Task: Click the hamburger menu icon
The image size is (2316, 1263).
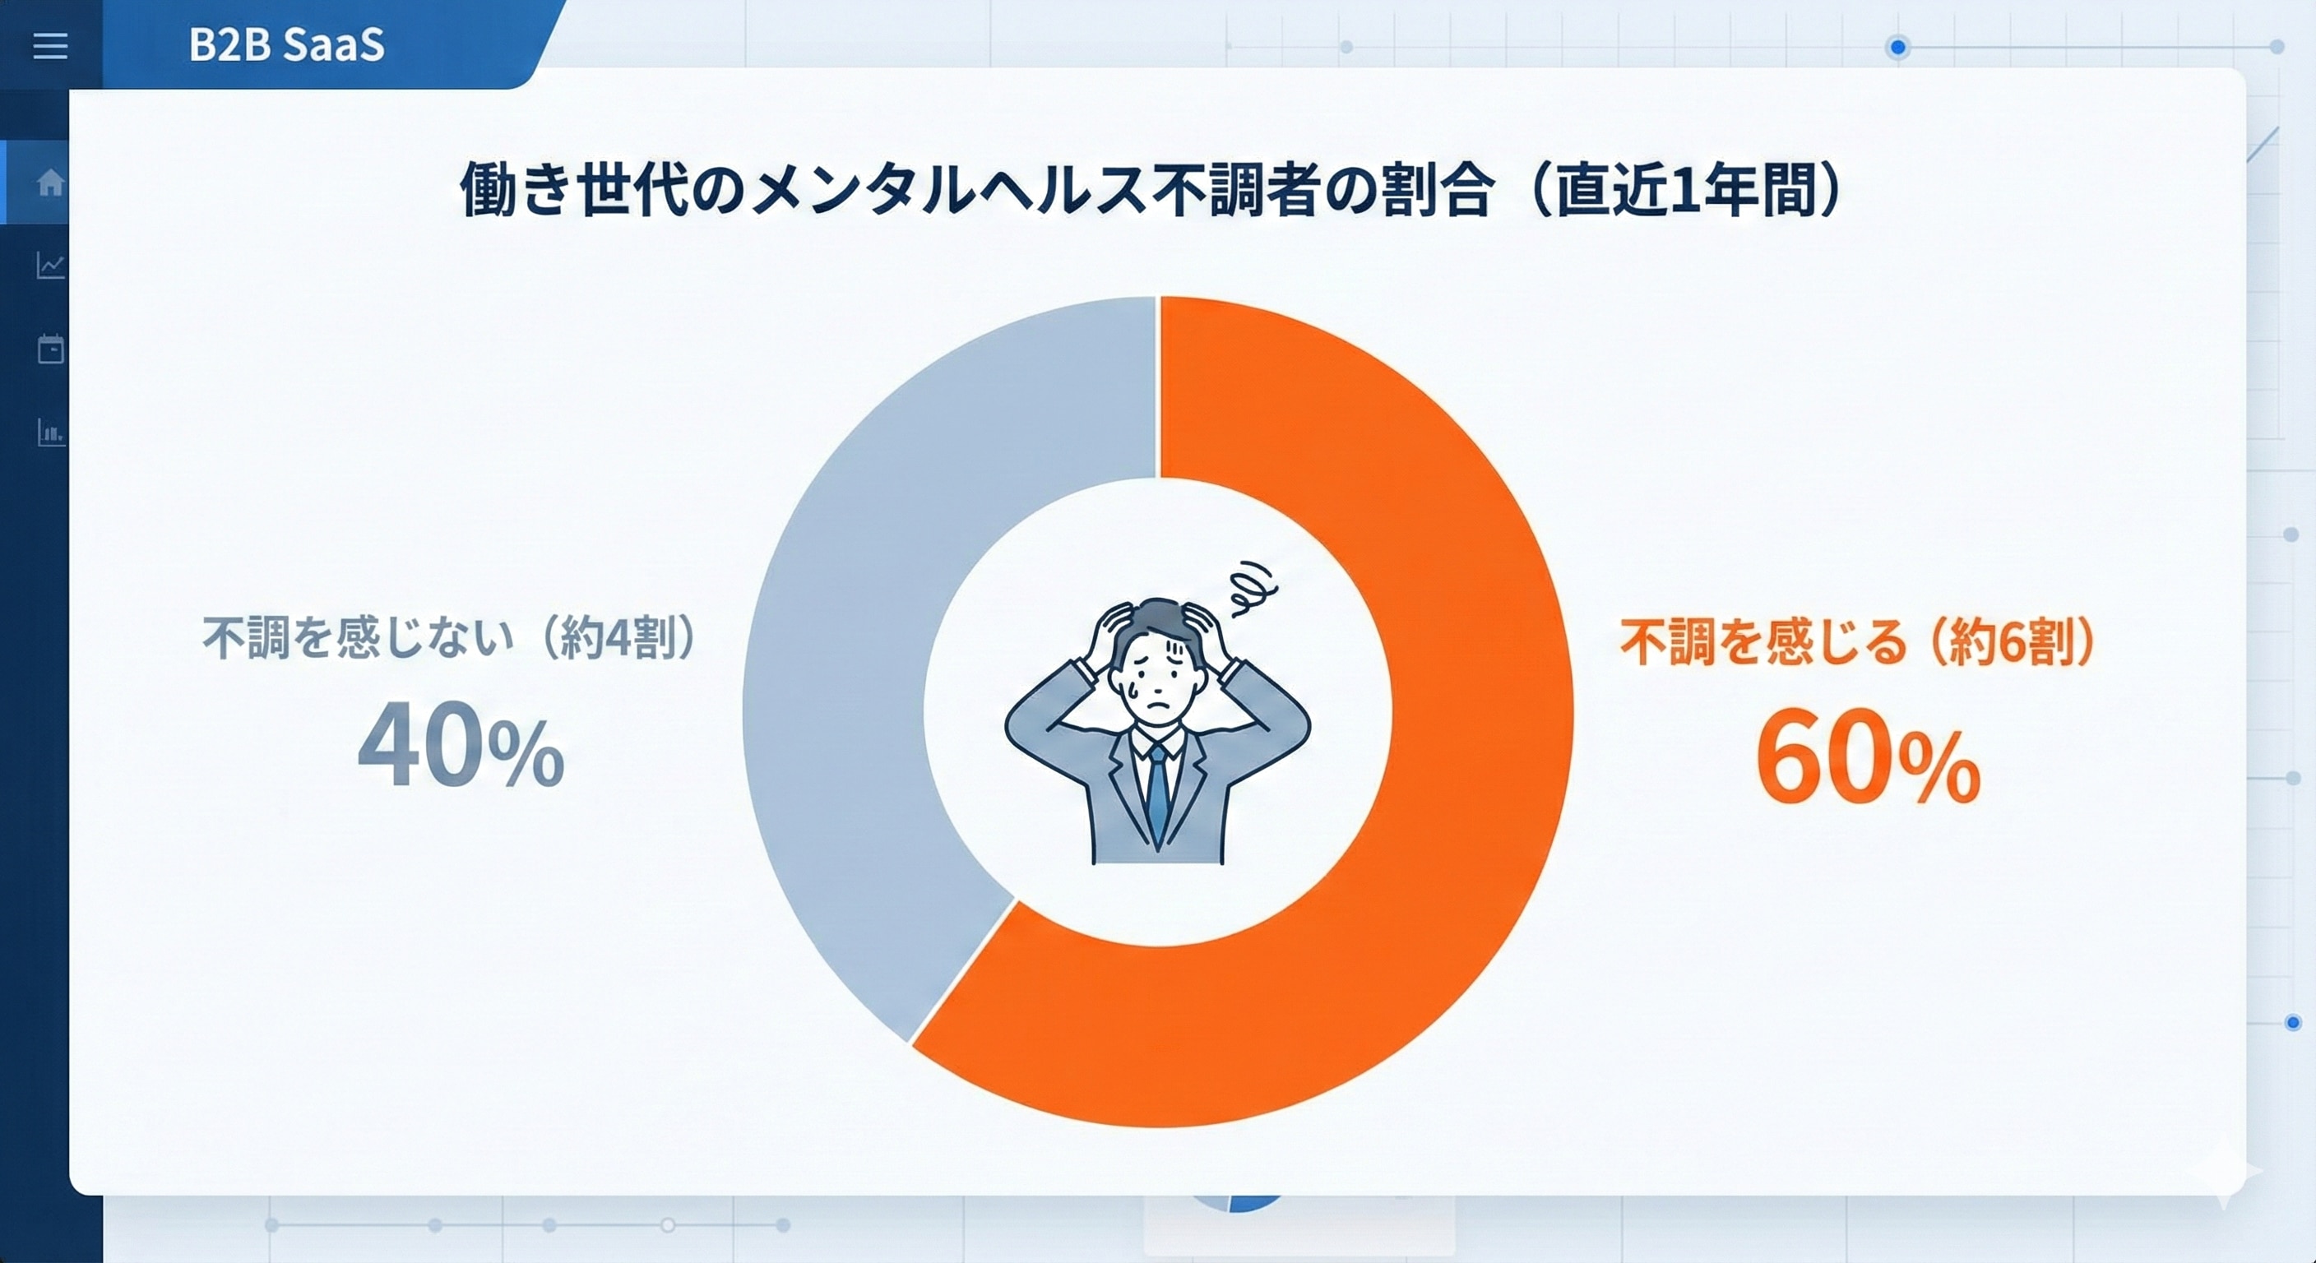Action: (x=50, y=46)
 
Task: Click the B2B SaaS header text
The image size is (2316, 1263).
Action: (x=286, y=45)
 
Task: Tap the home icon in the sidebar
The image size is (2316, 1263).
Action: (x=50, y=183)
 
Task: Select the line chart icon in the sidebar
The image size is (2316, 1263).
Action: (x=50, y=266)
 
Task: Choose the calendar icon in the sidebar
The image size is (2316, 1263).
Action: (x=50, y=349)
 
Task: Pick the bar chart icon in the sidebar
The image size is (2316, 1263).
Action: (x=50, y=433)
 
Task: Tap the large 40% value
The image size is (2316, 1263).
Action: (x=461, y=746)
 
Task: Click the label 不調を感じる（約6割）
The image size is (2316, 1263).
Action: (x=1857, y=642)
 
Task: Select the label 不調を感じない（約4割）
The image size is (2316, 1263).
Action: (x=450, y=637)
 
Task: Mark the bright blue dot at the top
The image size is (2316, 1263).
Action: (x=1897, y=47)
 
